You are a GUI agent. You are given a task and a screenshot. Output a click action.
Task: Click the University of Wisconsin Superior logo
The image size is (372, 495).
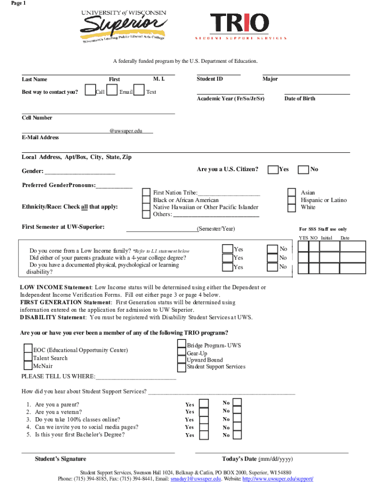coord(124,27)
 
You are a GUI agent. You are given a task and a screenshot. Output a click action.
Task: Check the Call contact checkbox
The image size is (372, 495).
coord(90,90)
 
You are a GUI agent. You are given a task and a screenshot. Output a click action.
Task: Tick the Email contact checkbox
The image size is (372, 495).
coord(112,90)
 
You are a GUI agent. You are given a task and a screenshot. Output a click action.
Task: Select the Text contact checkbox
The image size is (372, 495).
coord(139,90)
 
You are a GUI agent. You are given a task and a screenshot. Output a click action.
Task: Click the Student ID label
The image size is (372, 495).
coord(210,79)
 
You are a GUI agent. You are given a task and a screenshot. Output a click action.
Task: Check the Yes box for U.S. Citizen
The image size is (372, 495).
coord(273,169)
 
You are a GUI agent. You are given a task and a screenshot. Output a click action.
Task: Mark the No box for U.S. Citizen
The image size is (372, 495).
coord(303,169)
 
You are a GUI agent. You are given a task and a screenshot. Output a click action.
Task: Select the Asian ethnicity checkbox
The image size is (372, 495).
coord(292,192)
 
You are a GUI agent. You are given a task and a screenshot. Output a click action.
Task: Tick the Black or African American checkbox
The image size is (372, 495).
coord(146,200)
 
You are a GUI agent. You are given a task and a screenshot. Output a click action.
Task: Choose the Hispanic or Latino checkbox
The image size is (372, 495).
coord(292,200)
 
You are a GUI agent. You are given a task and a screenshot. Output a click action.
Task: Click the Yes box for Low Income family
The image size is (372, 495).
coord(227,248)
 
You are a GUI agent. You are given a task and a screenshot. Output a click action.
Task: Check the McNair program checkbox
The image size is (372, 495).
coord(29,366)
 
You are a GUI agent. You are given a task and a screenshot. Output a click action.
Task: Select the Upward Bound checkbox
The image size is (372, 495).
coord(182,360)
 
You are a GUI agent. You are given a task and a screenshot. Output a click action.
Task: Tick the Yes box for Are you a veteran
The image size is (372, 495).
coord(204,411)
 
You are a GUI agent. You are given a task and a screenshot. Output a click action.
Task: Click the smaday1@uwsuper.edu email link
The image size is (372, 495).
coord(196,479)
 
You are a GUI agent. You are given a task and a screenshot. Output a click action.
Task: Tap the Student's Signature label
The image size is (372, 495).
coord(60,459)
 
